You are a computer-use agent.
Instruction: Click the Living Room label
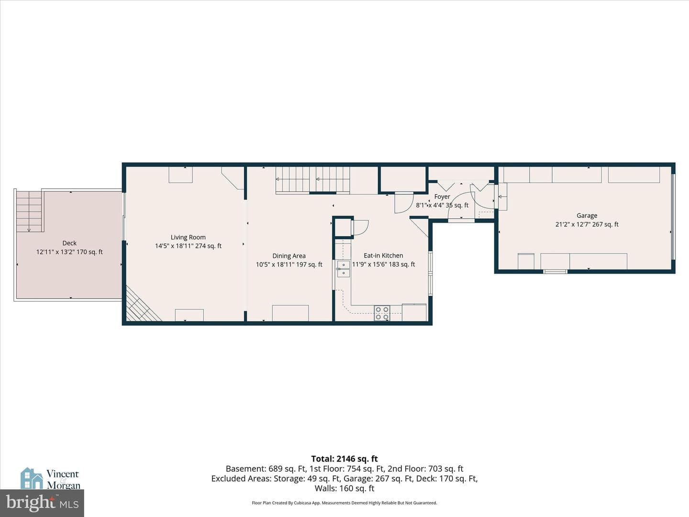tap(188, 237)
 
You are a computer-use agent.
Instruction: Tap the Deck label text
tap(69, 243)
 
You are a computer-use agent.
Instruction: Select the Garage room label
tap(587, 215)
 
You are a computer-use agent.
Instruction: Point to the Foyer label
tap(442, 197)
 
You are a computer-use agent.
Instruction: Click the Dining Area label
tap(289, 256)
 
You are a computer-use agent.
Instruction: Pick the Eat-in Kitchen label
tap(383, 256)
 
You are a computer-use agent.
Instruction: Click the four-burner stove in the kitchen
tap(382, 313)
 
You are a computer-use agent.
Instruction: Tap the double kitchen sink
tap(344, 269)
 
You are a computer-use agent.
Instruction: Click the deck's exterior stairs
tap(29, 212)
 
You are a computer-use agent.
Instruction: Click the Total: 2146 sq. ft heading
tap(344, 459)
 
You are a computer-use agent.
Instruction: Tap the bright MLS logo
tap(42, 503)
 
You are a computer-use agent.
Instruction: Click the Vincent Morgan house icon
tap(32, 478)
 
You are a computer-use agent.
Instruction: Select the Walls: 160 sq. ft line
tap(344, 488)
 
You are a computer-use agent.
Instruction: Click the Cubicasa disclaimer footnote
tap(344, 503)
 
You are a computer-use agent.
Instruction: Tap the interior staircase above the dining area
tap(312, 180)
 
